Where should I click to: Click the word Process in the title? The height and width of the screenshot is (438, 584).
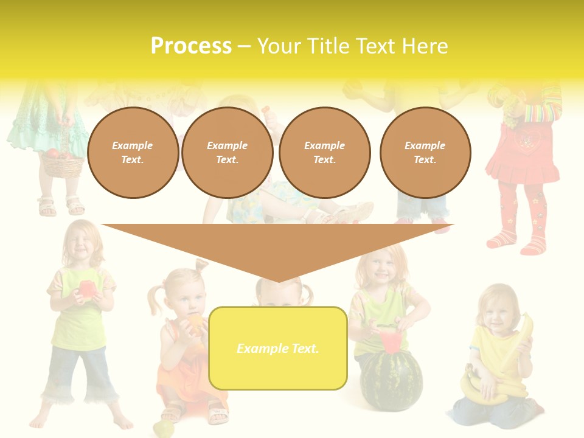[191, 46]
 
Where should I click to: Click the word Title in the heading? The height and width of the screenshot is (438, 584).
[329, 46]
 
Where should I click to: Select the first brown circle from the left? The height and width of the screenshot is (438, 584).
[133, 153]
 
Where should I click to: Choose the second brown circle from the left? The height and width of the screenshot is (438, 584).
[227, 153]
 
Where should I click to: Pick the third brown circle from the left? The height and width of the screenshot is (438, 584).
[324, 153]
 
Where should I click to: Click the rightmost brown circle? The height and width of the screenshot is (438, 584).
[425, 153]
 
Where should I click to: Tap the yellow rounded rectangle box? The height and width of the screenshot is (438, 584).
[277, 348]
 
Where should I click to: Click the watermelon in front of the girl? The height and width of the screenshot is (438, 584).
[390, 380]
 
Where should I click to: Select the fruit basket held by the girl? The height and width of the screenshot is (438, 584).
[61, 162]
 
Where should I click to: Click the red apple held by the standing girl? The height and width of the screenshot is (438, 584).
[87, 289]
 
